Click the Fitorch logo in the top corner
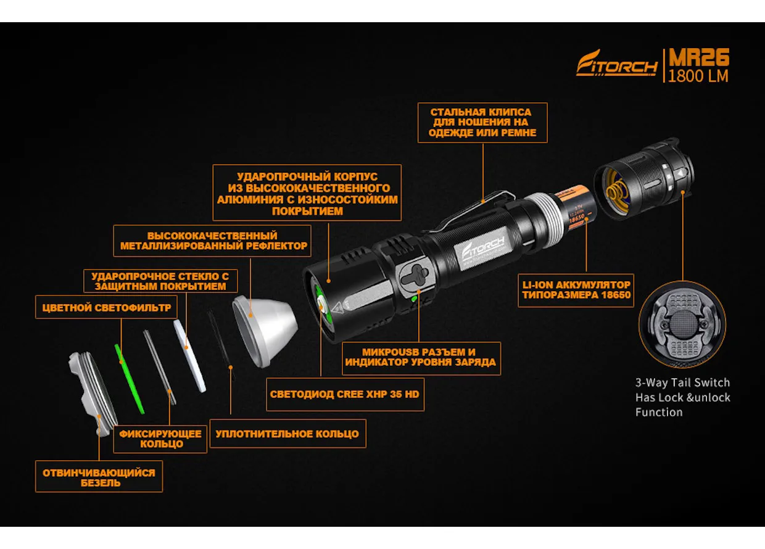coord(616,63)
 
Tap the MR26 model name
coord(699,57)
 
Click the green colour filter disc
coord(129,379)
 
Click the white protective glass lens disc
coord(189,356)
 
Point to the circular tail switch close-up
coord(682,324)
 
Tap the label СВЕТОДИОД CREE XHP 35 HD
coord(345,394)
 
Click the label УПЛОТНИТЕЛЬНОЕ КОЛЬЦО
coord(287,434)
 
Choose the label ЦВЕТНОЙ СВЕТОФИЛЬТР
coord(106,307)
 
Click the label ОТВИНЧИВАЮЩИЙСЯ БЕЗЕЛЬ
coord(99,477)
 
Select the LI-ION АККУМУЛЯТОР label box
coord(576,290)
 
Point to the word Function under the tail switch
coord(659,412)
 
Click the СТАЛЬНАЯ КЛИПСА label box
coord(482,123)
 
